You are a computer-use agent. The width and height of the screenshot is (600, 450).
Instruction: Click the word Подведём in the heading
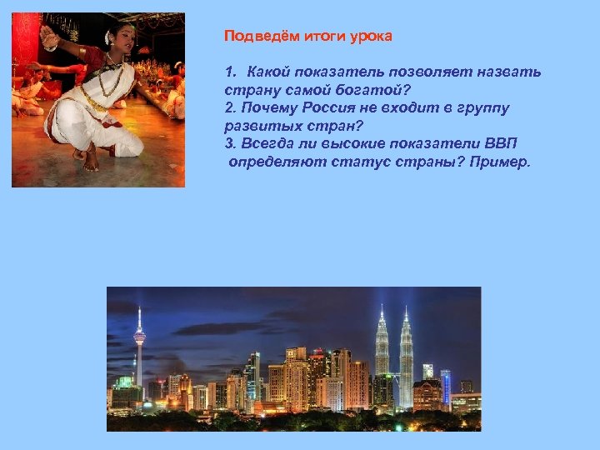pyautogui.click(x=255, y=37)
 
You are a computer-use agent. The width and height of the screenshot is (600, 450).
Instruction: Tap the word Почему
pyautogui.click(x=264, y=108)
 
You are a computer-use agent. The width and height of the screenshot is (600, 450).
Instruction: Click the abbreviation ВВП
pyautogui.click(x=498, y=144)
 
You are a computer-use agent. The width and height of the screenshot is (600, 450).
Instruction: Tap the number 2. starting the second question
pyautogui.click(x=230, y=108)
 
